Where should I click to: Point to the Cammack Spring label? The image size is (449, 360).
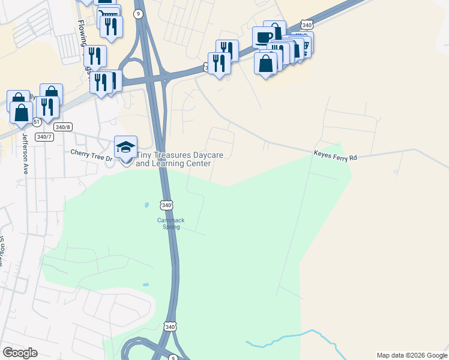(170, 223)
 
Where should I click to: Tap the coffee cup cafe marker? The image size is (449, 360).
(264, 37)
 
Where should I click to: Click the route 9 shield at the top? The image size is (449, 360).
(139, 14)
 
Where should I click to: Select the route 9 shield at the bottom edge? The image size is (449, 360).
(173, 358)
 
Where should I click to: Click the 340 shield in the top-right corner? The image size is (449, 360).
(307, 25)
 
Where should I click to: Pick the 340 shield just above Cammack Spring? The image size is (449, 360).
(167, 205)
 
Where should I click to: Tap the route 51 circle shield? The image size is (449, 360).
(37, 122)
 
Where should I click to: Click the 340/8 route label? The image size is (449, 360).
(62, 127)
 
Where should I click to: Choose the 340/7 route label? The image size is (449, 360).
(44, 137)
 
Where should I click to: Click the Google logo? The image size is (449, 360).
(20, 353)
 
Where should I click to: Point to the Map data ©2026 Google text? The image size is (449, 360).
(412, 355)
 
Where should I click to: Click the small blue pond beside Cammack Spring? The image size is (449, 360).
(146, 206)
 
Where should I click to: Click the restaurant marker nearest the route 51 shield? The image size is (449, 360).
(47, 107)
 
